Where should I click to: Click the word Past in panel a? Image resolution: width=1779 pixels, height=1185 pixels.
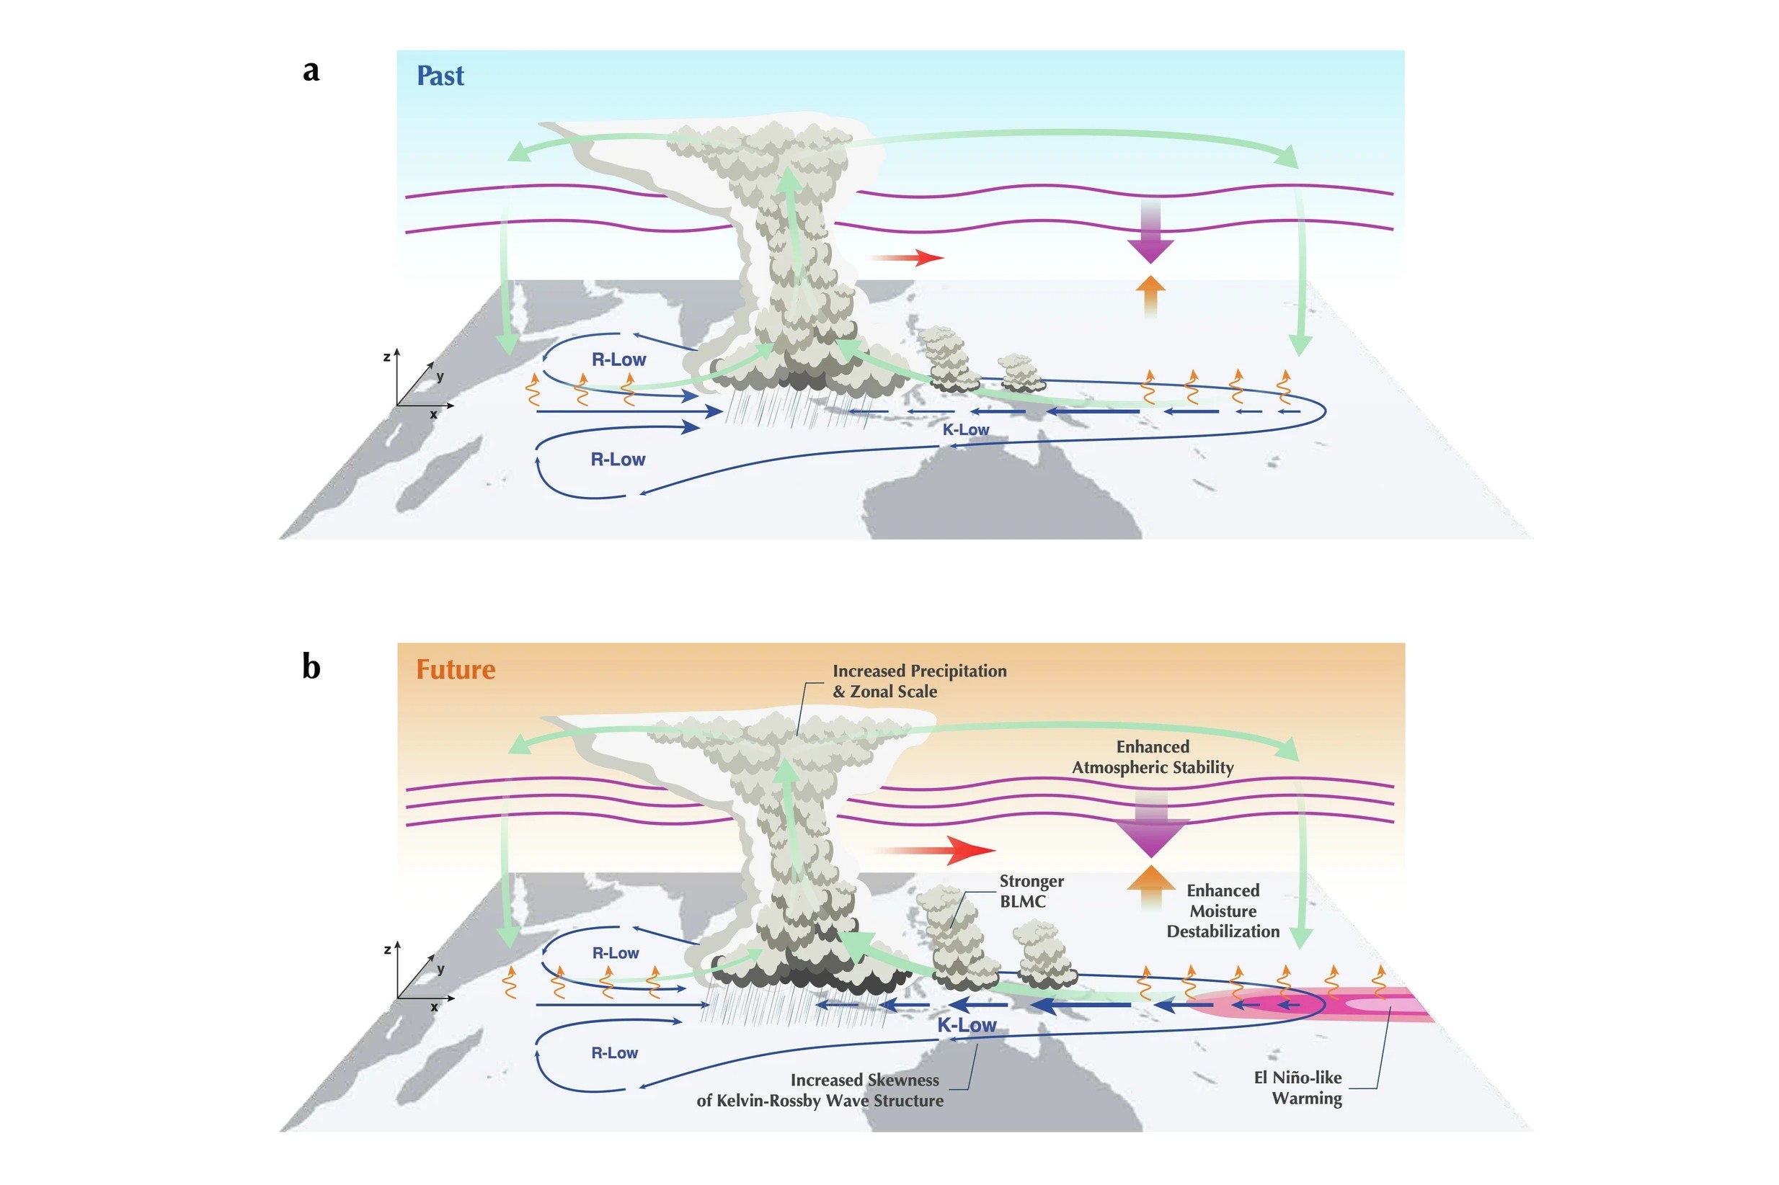(440, 76)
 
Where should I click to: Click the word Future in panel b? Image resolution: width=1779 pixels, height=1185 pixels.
(455, 670)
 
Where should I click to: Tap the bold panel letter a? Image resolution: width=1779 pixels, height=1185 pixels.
(311, 71)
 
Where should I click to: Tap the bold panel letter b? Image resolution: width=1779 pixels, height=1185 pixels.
(311, 666)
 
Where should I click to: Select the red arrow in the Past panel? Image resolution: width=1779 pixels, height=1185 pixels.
(908, 258)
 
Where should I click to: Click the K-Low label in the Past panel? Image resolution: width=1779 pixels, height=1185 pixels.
(965, 430)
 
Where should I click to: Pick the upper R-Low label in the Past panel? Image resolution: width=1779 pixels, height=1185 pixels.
(618, 359)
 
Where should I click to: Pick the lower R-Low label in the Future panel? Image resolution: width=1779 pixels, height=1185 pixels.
(614, 1052)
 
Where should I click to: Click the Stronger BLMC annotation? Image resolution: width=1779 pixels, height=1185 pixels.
(1031, 891)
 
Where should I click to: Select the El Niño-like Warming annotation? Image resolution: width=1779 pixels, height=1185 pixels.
(1297, 1088)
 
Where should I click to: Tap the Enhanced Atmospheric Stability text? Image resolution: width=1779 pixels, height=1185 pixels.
(1152, 757)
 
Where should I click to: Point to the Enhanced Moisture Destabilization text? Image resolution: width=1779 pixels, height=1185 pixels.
(1223, 911)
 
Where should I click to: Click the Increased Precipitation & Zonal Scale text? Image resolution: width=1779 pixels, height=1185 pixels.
(918, 681)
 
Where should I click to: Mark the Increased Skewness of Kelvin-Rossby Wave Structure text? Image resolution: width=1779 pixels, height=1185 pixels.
(820, 1090)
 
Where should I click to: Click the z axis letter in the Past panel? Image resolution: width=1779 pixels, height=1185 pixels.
(386, 357)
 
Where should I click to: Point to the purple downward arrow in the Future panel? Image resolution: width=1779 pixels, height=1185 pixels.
(1150, 828)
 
